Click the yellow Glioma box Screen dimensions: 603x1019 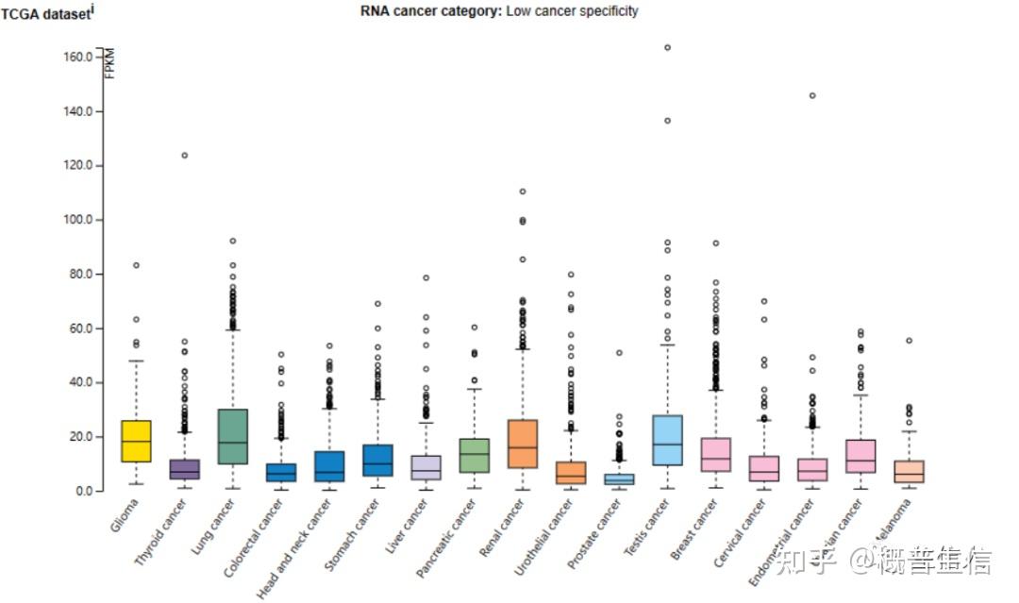137,441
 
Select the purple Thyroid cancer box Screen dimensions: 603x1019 185,469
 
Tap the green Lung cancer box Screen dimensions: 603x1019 233,436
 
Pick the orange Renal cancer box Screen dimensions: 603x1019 522,444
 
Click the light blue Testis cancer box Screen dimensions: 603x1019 667,440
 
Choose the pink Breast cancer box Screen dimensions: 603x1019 715,454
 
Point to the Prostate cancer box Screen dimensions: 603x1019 619,478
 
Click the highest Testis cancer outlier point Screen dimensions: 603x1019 667,47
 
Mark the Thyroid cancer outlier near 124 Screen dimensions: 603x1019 185,155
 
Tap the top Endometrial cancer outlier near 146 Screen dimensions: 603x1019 811,95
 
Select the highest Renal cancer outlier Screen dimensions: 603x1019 522,192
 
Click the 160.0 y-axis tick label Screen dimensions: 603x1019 77,57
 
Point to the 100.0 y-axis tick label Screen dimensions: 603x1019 77,220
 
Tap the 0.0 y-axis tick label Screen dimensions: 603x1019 83,492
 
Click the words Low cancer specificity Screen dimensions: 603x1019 572,11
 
